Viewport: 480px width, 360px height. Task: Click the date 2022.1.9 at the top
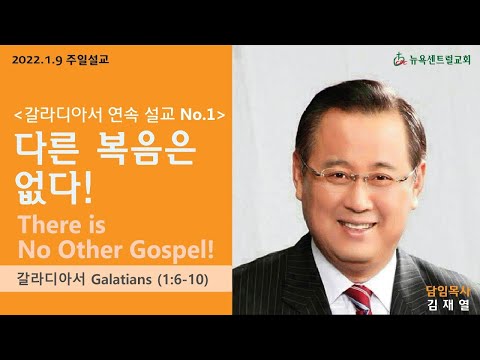pyautogui.click(x=37, y=60)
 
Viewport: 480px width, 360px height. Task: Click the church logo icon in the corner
pyautogui.click(x=400, y=60)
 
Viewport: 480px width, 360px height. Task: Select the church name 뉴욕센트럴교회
pyautogui.click(x=440, y=60)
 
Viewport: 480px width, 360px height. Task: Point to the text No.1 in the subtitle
pyautogui.click(x=198, y=115)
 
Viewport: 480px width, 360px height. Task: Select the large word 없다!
pyautogui.click(x=54, y=188)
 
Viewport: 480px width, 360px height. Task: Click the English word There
pyautogui.click(x=49, y=224)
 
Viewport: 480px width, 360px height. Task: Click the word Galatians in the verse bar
pyautogui.click(x=121, y=279)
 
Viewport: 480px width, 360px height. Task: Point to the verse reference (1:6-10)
pyautogui.click(x=183, y=279)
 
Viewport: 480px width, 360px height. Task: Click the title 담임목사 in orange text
pyautogui.click(x=448, y=292)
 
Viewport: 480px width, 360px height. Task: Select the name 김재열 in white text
pyautogui.click(x=448, y=305)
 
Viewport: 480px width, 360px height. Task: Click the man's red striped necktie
pyautogui.click(x=359, y=299)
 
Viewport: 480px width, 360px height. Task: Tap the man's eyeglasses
pyautogui.click(x=360, y=176)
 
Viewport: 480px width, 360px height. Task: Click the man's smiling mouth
pyautogui.click(x=357, y=227)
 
